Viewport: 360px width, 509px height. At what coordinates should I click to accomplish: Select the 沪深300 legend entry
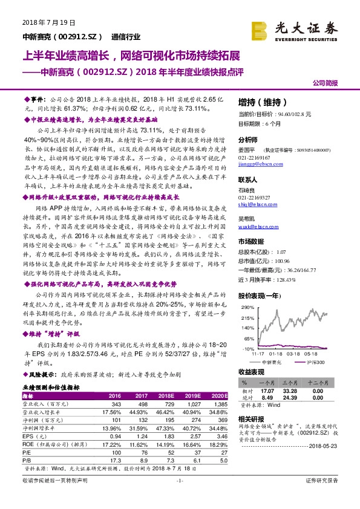pyautogui.click(x=315, y=361)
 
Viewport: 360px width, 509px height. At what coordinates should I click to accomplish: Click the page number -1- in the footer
pyautogui.click(x=179, y=496)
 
